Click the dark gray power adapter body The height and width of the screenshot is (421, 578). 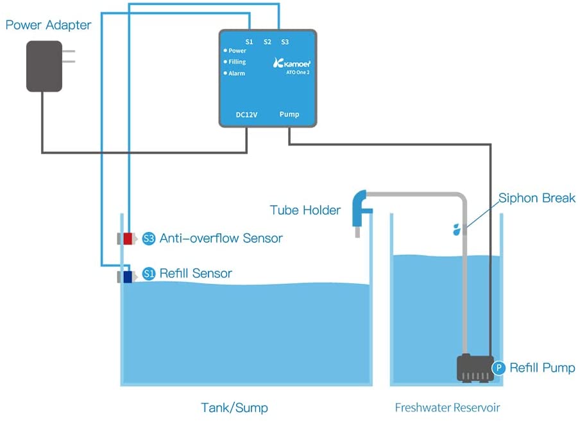[44, 66]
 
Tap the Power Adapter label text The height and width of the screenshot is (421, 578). [48, 26]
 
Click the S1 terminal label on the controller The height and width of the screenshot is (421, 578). [249, 42]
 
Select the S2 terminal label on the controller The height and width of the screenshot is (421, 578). [268, 42]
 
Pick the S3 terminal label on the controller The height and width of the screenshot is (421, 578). [285, 42]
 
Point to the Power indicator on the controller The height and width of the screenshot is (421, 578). [235, 51]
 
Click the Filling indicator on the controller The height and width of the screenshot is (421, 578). [235, 62]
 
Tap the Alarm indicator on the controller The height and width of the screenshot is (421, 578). [234, 74]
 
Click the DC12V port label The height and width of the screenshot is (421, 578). [246, 115]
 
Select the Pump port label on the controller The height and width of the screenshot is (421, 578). [289, 115]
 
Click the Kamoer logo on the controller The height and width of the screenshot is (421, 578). [292, 63]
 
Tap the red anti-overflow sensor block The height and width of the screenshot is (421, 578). [127, 238]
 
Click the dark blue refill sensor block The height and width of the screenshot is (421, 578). [127, 277]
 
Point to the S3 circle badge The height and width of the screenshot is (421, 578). [149, 238]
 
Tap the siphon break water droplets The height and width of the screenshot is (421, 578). [456, 229]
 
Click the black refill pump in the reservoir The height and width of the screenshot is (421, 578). [474, 368]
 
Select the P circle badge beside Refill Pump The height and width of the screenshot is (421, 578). [499, 368]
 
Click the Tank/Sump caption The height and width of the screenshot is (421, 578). [234, 408]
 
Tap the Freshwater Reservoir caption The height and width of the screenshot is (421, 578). [447, 408]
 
